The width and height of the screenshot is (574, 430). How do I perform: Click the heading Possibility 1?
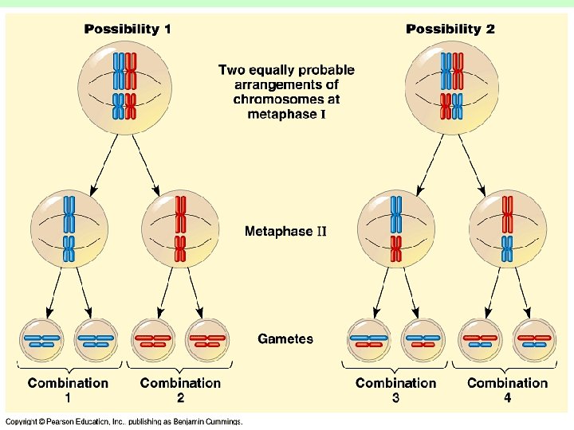(128, 29)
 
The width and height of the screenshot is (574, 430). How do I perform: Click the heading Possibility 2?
(450, 29)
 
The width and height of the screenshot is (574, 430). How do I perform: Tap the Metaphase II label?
(285, 232)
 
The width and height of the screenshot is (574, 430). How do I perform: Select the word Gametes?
(285, 339)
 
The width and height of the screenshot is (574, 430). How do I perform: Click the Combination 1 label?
(68, 389)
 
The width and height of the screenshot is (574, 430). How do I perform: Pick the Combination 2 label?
(180, 389)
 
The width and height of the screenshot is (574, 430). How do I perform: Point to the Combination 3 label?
(395, 389)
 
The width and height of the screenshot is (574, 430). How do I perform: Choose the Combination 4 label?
(507, 389)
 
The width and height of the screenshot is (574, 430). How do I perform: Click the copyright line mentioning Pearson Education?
(124, 421)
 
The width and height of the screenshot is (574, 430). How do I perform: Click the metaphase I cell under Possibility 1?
(124, 87)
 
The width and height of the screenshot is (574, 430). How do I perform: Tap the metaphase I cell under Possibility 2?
(450, 87)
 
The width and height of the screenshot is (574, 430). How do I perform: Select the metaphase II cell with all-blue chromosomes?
(69, 229)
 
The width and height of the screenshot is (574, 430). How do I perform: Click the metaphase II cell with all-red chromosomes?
(180, 229)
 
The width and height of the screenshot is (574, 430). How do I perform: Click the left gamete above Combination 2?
(153, 340)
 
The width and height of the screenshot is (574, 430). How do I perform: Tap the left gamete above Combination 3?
(369, 340)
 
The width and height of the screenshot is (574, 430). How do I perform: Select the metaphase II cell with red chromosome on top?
(507, 229)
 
